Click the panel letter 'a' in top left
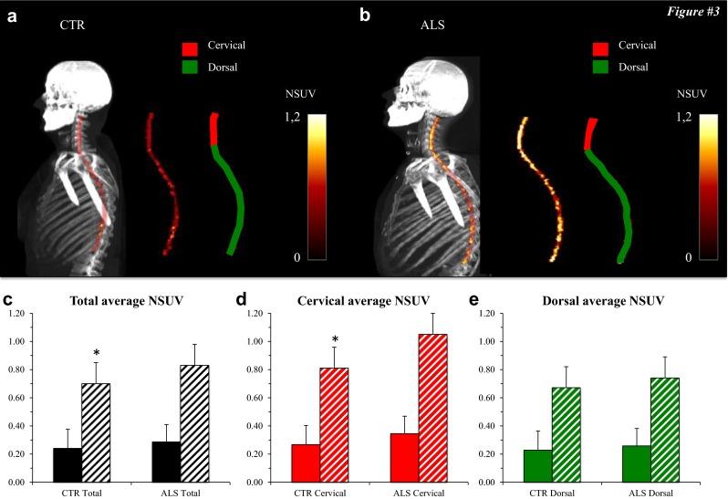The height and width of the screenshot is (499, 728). coord(14,16)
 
